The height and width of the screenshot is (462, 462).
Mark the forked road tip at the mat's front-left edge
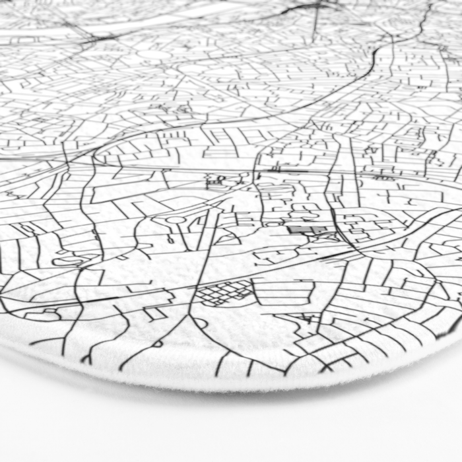(86, 358)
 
